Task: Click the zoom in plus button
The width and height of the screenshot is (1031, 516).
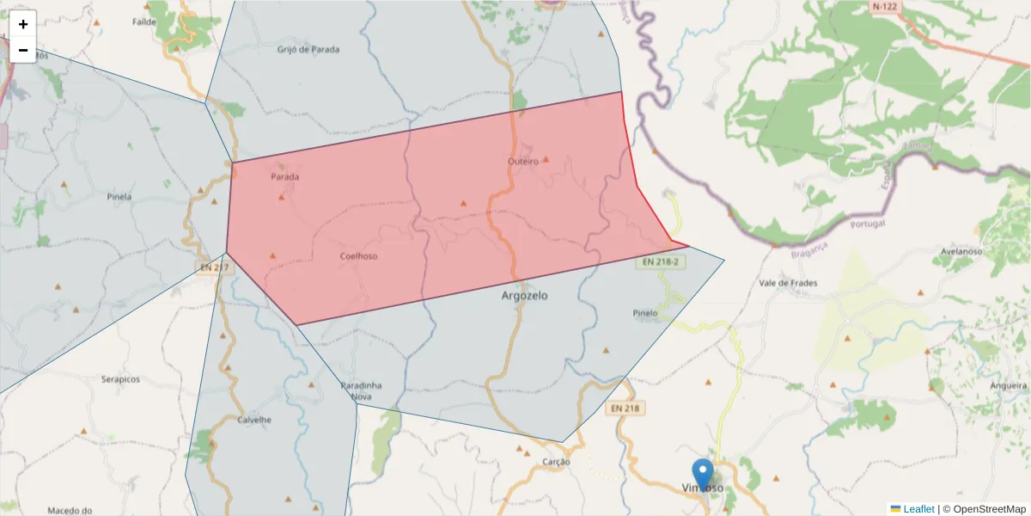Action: (23, 24)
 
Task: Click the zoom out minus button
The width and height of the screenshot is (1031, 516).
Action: (23, 50)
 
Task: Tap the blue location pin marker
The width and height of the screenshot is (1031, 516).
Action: (703, 474)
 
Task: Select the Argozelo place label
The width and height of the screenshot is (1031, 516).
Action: (524, 295)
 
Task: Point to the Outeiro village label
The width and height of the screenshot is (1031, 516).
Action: (522, 162)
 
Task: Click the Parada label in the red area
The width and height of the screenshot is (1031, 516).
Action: (285, 177)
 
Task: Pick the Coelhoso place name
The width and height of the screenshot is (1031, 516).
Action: (358, 255)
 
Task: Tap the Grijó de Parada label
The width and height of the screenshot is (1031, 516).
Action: (308, 49)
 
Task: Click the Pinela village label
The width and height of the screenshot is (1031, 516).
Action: (119, 196)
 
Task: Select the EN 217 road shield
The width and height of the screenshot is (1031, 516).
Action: (215, 267)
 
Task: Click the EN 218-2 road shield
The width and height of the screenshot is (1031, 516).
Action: (661, 261)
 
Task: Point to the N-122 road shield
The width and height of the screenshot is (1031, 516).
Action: (885, 7)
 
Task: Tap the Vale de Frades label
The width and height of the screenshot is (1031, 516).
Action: (788, 283)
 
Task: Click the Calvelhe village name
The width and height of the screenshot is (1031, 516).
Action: (254, 420)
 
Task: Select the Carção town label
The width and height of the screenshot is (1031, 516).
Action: (556, 462)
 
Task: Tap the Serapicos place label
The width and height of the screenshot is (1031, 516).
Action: (120, 378)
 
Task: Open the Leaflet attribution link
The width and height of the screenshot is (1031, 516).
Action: (918, 509)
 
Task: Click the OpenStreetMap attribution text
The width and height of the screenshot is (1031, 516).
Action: (989, 509)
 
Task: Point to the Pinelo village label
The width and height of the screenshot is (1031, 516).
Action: (644, 313)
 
